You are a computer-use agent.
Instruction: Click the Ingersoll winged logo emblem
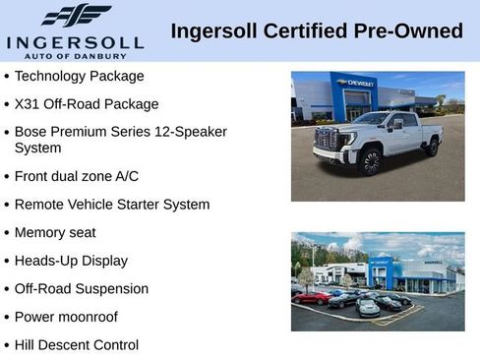point(76,15)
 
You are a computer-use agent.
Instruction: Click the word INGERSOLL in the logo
point(75,42)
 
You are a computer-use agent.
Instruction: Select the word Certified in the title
point(308,30)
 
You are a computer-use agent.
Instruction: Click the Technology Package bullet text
point(79,76)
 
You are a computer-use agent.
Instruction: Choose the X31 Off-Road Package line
point(87,103)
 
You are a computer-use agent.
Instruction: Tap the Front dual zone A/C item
point(77,176)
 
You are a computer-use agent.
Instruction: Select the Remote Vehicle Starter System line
point(112,205)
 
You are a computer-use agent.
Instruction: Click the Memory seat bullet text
point(55,232)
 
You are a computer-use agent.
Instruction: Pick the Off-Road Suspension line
point(82,288)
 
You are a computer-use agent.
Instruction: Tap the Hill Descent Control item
point(77,344)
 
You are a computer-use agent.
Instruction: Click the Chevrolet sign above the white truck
point(355,84)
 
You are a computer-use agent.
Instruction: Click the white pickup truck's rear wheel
point(431,147)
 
